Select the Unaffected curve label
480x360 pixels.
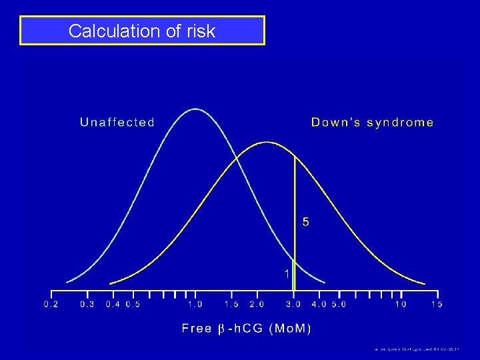(117, 123)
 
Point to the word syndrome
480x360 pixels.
(399, 123)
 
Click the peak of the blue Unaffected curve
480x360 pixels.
(195, 109)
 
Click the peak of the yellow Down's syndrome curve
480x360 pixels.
(267, 142)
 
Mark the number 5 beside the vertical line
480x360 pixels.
(306, 221)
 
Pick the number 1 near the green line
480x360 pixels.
(287, 273)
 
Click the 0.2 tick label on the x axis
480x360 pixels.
(51, 305)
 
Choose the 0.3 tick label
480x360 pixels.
(87, 305)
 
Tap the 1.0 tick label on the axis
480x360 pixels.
(195, 305)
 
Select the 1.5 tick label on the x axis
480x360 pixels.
(231, 305)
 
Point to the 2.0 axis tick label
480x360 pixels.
(257, 305)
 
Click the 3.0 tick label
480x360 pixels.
(294, 305)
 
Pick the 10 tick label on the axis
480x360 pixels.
(401, 305)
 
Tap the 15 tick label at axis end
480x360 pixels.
(437, 305)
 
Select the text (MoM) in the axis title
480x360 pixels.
(290, 328)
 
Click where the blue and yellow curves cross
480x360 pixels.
(235, 157)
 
